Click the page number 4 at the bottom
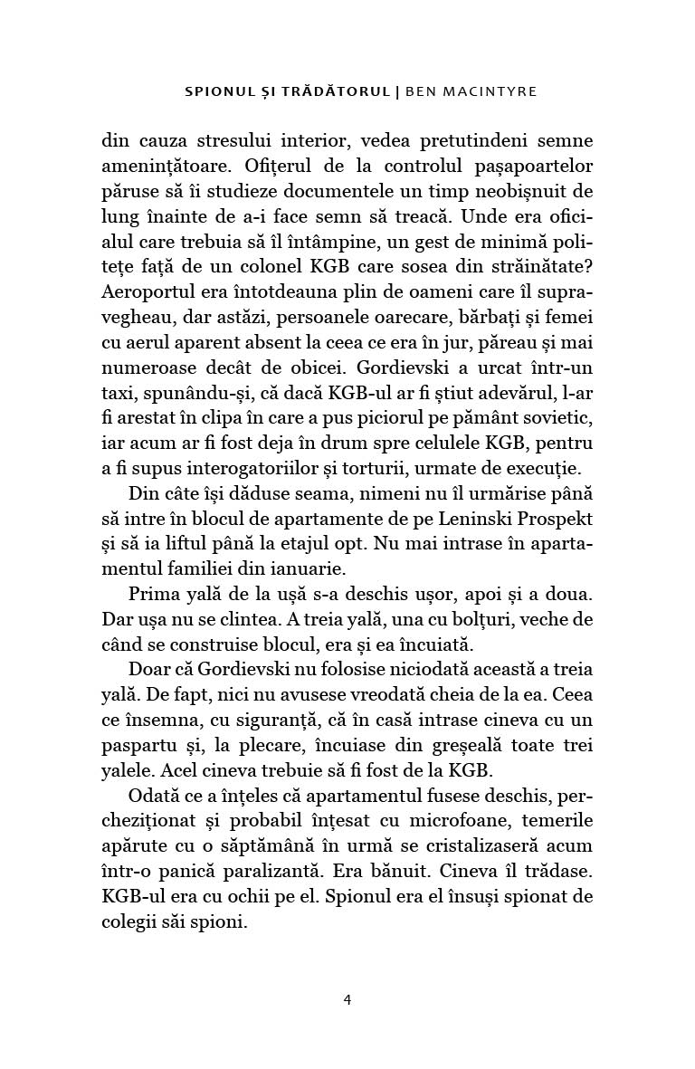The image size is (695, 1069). pyautogui.click(x=347, y=999)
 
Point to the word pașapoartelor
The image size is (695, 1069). pyautogui.click(x=528, y=167)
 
